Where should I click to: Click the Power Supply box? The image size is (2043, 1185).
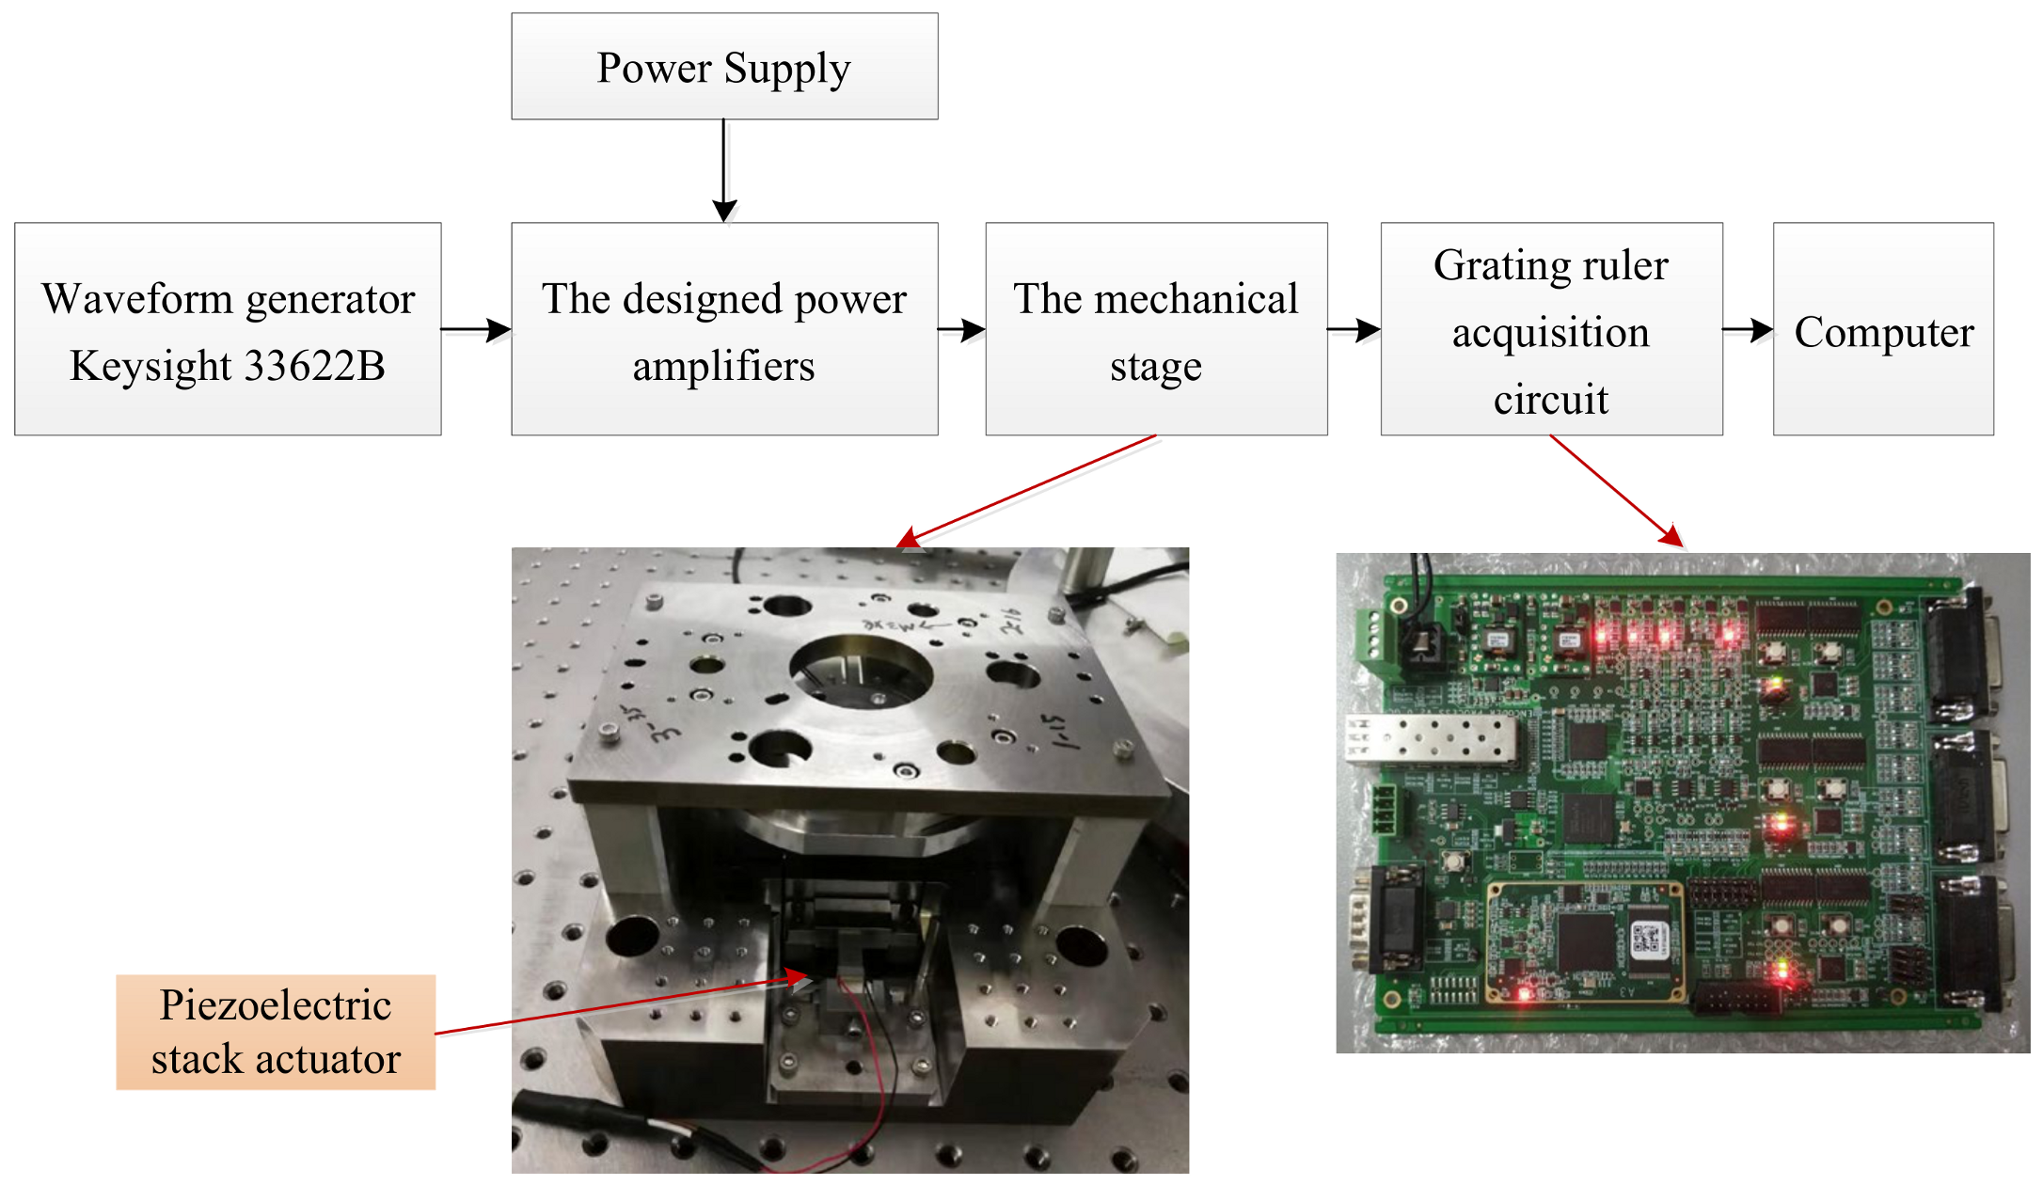[724, 67]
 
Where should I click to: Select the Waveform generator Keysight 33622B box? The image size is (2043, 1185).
[228, 329]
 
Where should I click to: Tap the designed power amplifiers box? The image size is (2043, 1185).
[724, 329]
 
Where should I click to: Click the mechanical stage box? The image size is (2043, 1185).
[1156, 329]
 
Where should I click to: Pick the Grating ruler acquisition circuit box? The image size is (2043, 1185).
[1551, 329]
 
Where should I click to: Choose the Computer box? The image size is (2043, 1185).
[1883, 329]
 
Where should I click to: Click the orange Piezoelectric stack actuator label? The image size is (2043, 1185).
[276, 1032]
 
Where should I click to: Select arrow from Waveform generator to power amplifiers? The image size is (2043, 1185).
[476, 330]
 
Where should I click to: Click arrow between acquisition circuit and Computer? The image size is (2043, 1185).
[1748, 330]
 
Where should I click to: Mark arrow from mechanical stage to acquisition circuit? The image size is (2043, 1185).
[1354, 330]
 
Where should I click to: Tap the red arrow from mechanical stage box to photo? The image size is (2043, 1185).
[1025, 491]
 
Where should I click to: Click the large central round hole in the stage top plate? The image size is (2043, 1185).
[861, 672]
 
